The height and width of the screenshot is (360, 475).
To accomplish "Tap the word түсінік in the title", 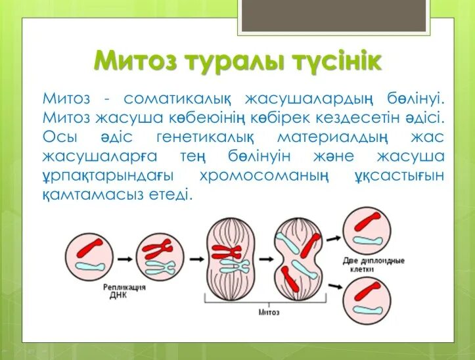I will coord(332,61).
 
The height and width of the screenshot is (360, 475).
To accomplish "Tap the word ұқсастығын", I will coord(397,176).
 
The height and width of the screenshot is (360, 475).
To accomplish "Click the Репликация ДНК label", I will coord(124,292).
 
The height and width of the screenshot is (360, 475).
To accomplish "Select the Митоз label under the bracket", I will coord(270,312).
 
